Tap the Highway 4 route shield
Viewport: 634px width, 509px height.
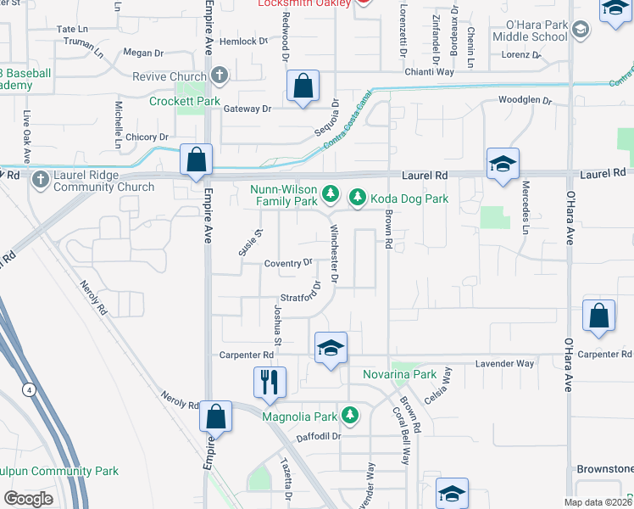[x=30, y=389]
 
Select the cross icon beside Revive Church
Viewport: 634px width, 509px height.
[x=220, y=76]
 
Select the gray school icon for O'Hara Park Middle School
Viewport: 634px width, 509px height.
[x=581, y=31]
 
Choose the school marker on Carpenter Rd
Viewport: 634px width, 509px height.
[x=331, y=348]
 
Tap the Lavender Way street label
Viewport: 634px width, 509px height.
[x=505, y=363]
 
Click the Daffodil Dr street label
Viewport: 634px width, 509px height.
[x=319, y=437]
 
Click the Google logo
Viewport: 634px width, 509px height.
[x=28, y=498]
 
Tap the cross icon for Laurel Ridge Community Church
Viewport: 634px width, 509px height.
[x=40, y=178]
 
